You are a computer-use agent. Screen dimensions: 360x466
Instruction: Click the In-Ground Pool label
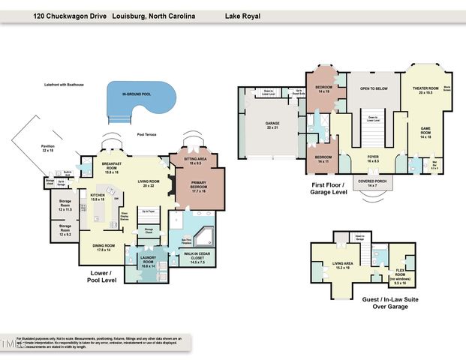137,94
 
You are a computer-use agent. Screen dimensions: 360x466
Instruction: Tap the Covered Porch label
367,183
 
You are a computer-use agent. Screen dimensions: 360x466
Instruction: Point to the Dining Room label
103,247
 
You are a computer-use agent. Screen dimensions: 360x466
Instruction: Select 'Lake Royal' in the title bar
239,14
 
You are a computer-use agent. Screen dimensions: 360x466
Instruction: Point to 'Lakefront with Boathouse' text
64,85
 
